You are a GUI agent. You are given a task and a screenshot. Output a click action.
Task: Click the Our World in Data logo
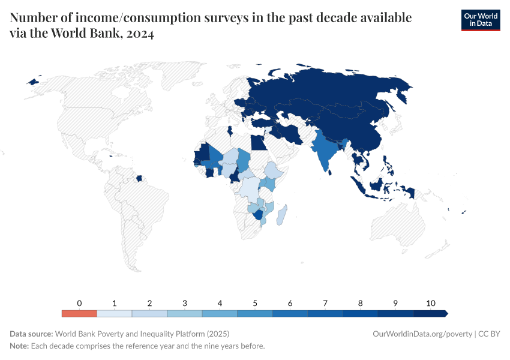480,20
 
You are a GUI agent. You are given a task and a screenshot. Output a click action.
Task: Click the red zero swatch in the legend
79,313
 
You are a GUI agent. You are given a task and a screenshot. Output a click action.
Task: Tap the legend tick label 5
255,303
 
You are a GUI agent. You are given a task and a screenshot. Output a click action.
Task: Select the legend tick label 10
430,303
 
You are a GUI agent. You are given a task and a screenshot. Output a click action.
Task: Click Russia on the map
336,90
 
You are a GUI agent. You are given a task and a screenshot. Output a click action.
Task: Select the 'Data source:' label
31,334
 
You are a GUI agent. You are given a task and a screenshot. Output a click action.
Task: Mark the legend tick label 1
115,303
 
